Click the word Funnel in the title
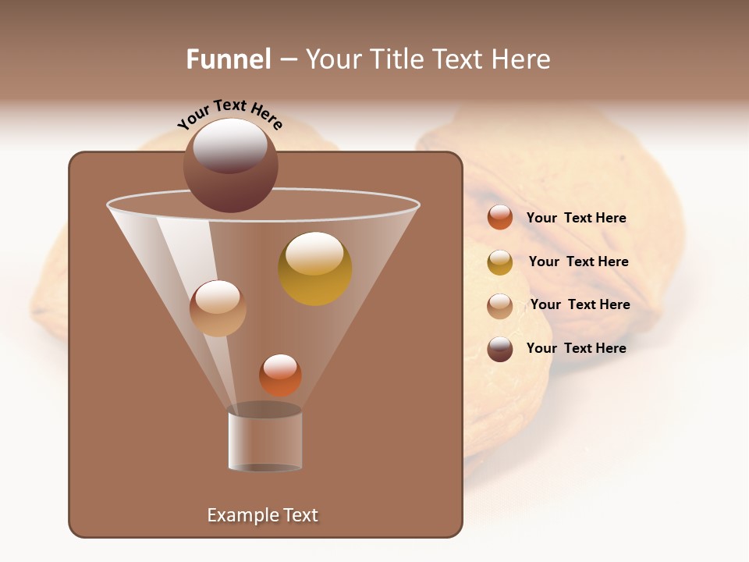point(228,59)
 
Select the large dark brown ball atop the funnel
point(230,165)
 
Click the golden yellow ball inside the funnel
point(315,269)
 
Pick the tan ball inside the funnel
point(218,308)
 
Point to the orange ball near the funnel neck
point(280,375)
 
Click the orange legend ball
point(500,218)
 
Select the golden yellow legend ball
point(500,262)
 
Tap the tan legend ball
point(500,306)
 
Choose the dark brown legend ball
point(500,349)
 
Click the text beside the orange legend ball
point(576,218)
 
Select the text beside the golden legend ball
point(578,261)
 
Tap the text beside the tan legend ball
point(580,304)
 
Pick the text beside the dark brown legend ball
point(576,348)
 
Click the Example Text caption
point(263,515)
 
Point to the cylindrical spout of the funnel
point(265,441)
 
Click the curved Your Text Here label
point(230,116)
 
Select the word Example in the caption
point(240,515)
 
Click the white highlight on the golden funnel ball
point(315,253)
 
